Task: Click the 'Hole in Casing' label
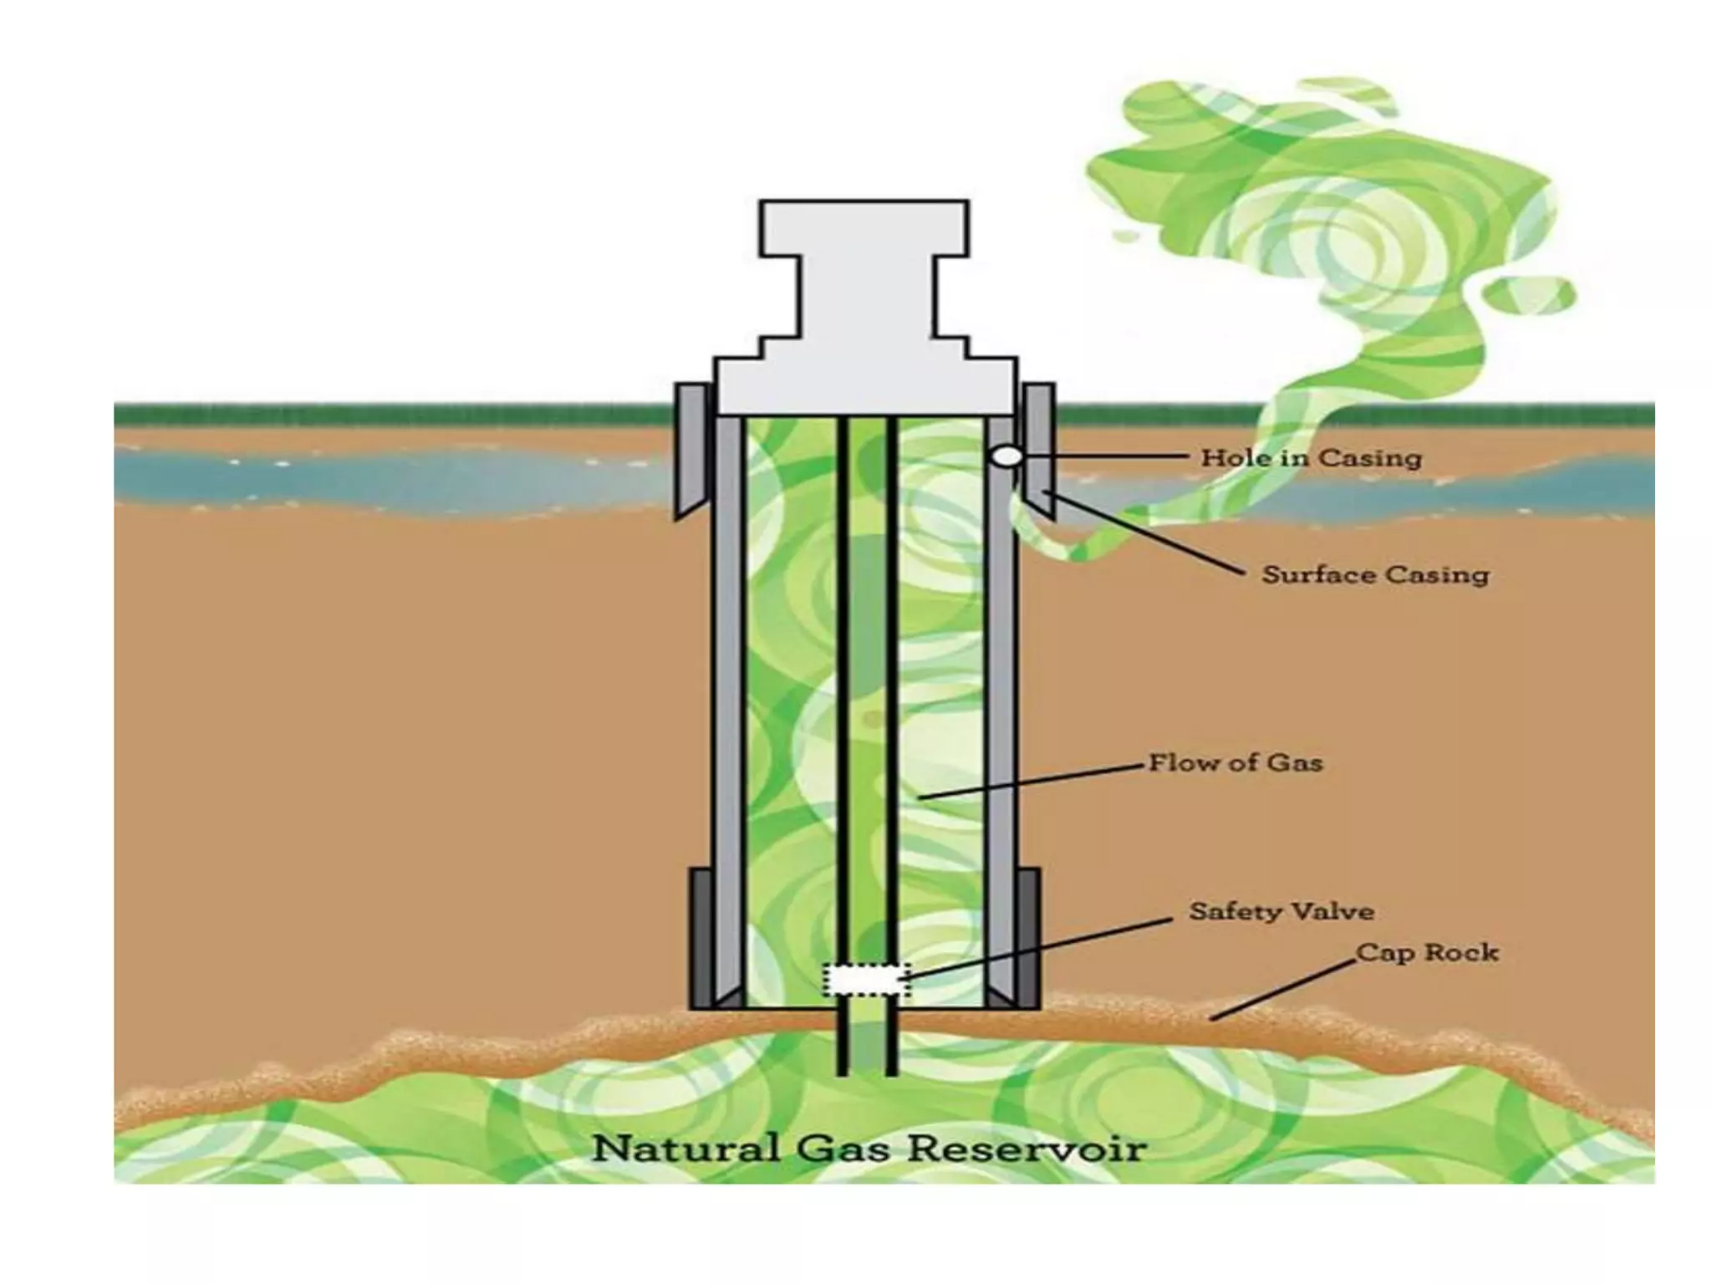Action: click(1310, 458)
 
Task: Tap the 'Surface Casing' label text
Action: click(1374, 575)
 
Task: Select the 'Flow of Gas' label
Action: click(1235, 763)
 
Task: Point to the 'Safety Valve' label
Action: click(1281, 910)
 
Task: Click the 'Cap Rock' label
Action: click(1426, 952)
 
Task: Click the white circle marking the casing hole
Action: click(1007, 456)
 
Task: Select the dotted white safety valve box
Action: click(866, 980)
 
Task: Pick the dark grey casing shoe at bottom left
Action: click(701, 936)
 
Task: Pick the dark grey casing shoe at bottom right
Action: click(1030, 936)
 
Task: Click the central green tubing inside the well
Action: click(866, 669)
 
